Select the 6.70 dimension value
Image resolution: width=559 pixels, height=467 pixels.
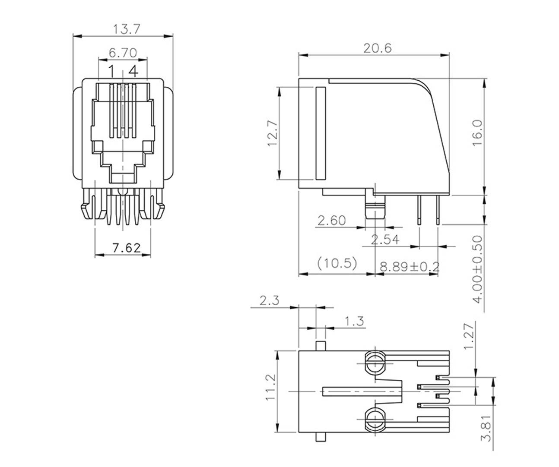click(123, 53)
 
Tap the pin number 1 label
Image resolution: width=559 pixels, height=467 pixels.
click(111, 71)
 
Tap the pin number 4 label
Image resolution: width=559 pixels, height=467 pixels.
click(133, 71)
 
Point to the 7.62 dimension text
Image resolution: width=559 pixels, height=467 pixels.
click(126, 248)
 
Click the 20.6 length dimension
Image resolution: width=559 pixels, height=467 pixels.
click(377, 48)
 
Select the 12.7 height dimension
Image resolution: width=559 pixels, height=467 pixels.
click(272, 133)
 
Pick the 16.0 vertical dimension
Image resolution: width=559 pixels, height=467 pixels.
click(478, 133)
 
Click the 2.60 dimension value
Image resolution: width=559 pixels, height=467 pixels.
click(332, 221)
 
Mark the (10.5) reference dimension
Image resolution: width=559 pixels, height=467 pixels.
click(337, 263)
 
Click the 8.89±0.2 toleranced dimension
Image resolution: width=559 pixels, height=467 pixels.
click(410, 267)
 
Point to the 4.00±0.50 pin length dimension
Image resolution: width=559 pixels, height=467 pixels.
click(478, 269)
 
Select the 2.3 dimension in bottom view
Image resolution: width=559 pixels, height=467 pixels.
click(269, 301)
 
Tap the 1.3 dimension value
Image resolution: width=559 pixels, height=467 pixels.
click(354, 321)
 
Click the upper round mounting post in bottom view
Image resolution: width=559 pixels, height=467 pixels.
click(375, 363)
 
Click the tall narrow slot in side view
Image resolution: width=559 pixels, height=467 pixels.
click(320, 133)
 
